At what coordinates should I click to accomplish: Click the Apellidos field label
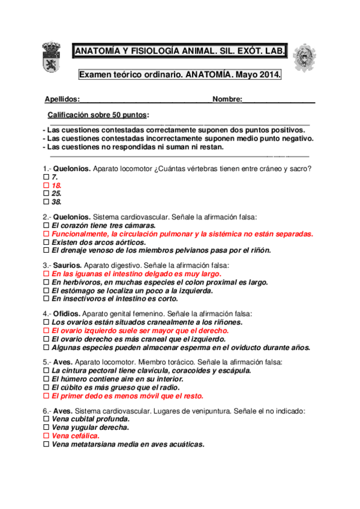(62, 99)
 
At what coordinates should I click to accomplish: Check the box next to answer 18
(46, 186)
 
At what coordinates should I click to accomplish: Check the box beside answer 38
(46, 202)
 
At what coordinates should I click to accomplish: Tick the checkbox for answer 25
(46, 194)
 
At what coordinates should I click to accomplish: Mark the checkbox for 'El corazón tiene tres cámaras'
(46, 226)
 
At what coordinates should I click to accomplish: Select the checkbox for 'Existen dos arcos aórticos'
(46, 242)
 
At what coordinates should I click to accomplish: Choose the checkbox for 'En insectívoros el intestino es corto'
(46, 298)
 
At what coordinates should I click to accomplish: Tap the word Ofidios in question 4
(66, 313)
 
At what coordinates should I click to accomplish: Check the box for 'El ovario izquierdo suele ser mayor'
(46, 331)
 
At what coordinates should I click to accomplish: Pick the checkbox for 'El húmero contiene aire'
(46, 379)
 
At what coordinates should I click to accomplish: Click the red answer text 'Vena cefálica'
(76, 436)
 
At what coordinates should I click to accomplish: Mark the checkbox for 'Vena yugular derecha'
(46, 428)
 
